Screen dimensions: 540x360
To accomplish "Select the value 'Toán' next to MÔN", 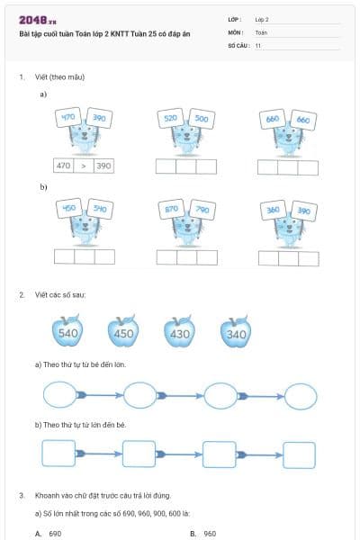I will tap(261, 31).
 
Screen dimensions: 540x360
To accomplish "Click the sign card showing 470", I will tap(68, 118).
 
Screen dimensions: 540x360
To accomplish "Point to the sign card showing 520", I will tap(170, 118).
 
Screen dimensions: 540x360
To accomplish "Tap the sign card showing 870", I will tap(170, 209).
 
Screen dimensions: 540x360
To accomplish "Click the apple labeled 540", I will tap(67, 332).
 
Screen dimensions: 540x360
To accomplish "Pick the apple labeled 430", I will tap(180, 333).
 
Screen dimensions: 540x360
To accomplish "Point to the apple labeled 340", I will tap(236, 334).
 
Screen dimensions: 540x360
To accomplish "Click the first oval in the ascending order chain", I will tap(60, 394).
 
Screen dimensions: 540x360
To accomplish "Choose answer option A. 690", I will tap(49, 534).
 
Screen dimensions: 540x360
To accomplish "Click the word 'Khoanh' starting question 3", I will tap(46, 495).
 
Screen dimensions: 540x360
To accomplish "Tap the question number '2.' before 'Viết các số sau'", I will tap(22, 294).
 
